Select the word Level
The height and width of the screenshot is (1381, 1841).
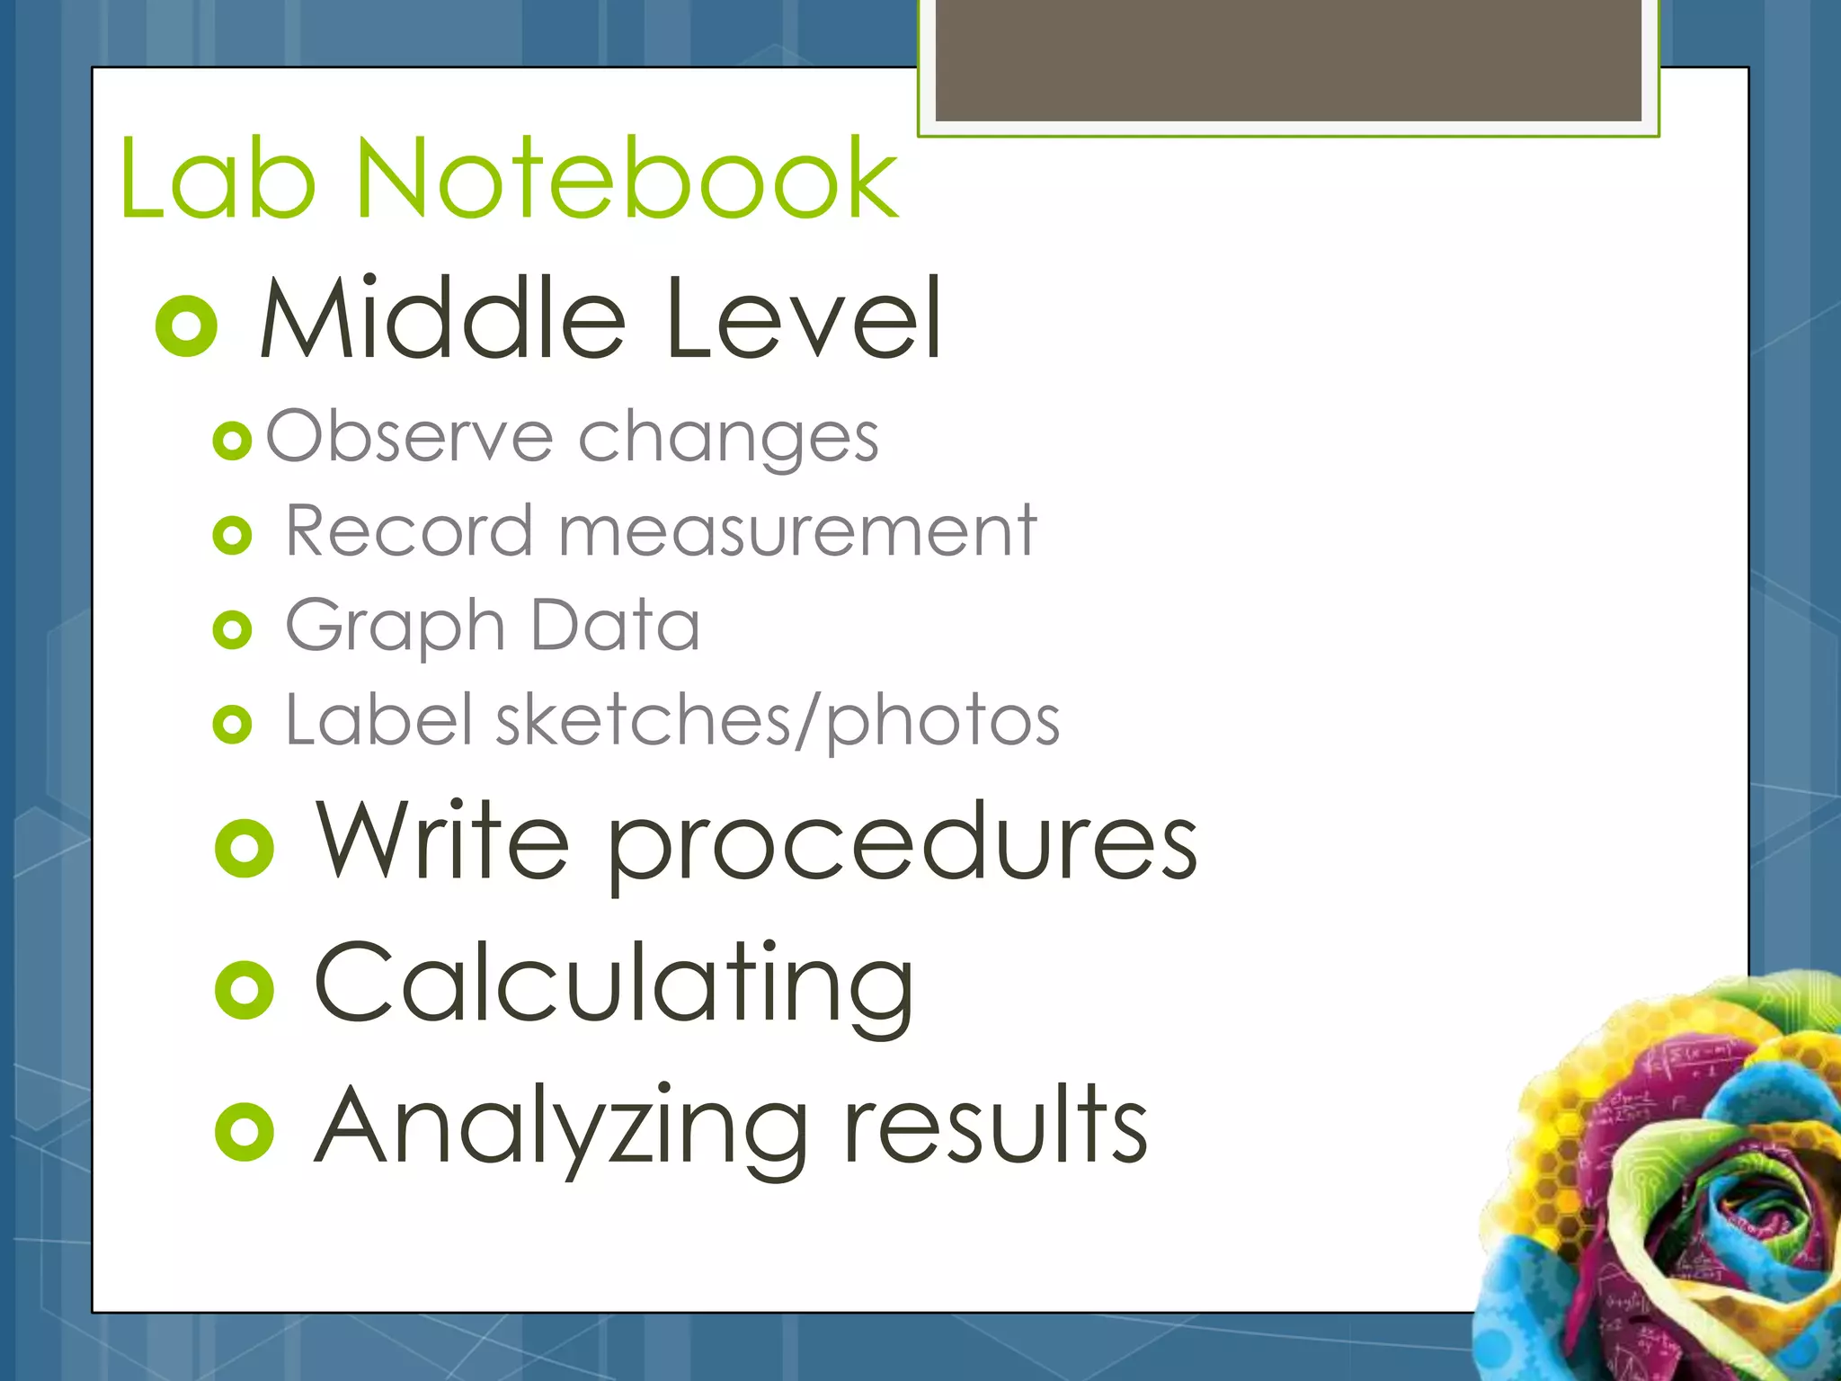point(804,318)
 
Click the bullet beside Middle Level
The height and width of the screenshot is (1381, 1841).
point(187,325)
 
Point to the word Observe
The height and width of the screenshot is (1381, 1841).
point(410,436)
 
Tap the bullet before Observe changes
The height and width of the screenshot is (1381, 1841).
point(232,441)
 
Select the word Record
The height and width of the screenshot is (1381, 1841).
point(410,531)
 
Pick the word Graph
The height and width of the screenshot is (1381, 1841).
point(396,628)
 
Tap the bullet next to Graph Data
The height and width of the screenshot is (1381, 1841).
point(232,630)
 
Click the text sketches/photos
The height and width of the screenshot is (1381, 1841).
point(778,722)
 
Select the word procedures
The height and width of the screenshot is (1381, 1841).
point(903,845)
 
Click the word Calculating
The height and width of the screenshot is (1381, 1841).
point(614,985)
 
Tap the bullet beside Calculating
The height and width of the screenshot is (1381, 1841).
point(245,990)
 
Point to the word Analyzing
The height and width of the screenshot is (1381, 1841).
point(562,1128)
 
